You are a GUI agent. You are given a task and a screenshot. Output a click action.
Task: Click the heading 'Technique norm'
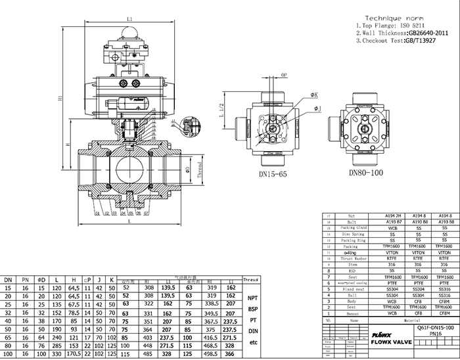point(389,18)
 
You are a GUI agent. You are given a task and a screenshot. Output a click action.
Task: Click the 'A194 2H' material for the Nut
point(392,215)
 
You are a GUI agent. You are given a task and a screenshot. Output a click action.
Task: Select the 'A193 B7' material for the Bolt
point(392,222)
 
